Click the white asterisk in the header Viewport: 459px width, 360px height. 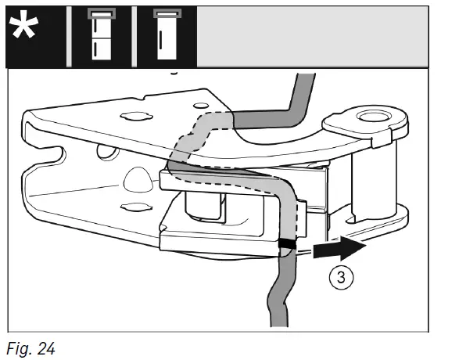pos(23,24)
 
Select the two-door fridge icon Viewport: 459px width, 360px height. pos(102,34)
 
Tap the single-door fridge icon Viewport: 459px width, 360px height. pos(167,34)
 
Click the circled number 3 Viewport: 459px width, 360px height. pos(342,277)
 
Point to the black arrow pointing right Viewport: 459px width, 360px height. pos(339,247)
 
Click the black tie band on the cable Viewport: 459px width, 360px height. pos(287,243)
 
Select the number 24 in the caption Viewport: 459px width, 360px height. pos(46,348)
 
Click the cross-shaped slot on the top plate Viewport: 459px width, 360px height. pos(136,116)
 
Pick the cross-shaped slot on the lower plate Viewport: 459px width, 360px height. pos(136,207)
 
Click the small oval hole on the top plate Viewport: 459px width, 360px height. pos(201,106)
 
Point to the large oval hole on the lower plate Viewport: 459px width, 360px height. pos(138,179)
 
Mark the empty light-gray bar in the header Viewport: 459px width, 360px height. pos(312,37)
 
